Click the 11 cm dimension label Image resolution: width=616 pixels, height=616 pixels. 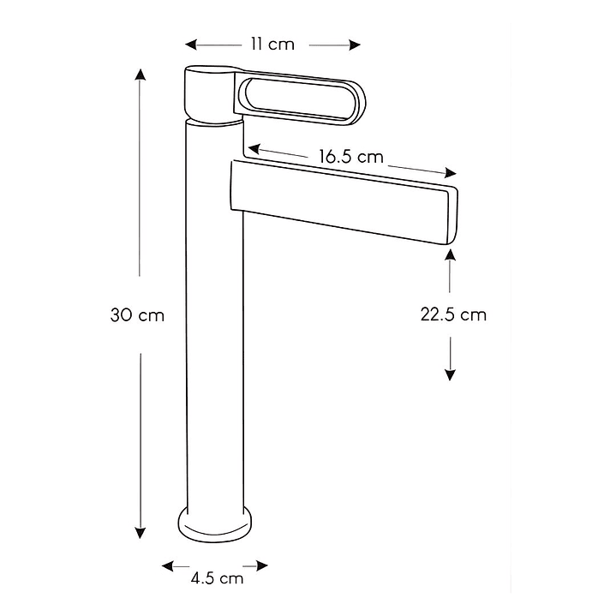[272, 45]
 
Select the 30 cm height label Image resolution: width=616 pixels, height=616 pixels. [137, 314]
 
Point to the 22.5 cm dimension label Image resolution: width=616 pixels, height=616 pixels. [452, 314]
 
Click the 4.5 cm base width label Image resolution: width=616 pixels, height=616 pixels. [217, 578]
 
